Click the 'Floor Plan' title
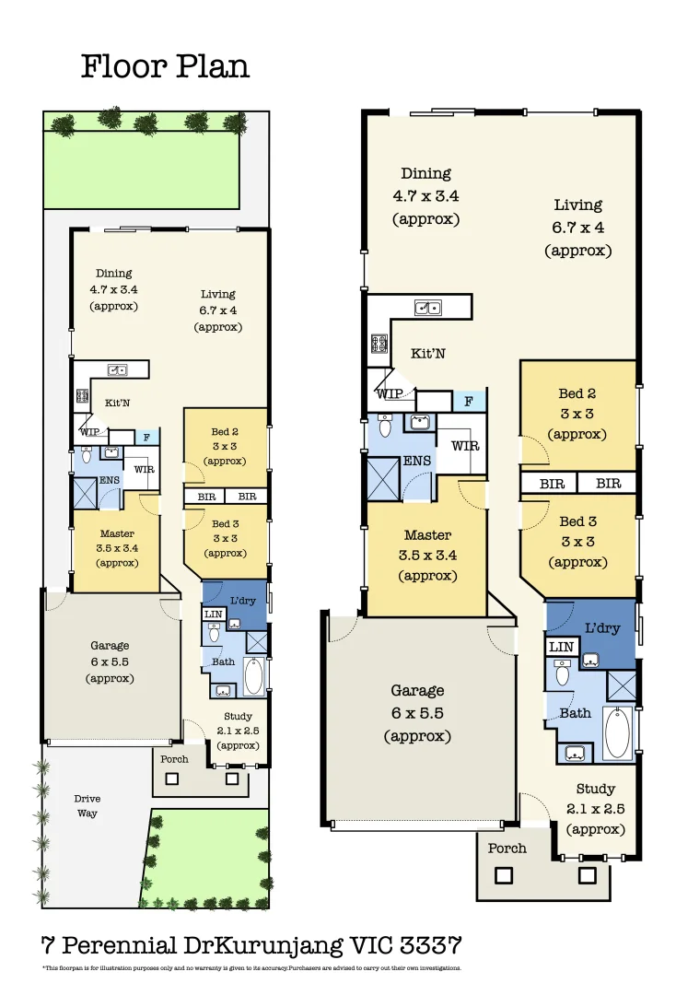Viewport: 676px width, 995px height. coord(165,66)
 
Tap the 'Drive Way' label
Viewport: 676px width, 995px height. coord(87,805)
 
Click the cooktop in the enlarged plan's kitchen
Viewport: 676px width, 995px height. coord(379,344)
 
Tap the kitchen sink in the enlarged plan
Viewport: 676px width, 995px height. coord(427,308)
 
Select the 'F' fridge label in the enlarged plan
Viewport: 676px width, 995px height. coord(469,402)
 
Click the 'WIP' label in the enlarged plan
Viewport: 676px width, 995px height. coord(389,393)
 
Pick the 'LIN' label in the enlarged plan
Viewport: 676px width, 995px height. coord(561,648)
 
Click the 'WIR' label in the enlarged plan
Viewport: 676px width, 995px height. coord(464,446)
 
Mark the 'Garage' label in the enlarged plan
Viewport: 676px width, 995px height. coord(417,690)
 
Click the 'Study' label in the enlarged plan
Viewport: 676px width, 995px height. coord(595,790)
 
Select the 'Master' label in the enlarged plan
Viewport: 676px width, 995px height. coord(427,534)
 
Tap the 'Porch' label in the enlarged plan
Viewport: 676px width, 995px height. coord(507,848)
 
